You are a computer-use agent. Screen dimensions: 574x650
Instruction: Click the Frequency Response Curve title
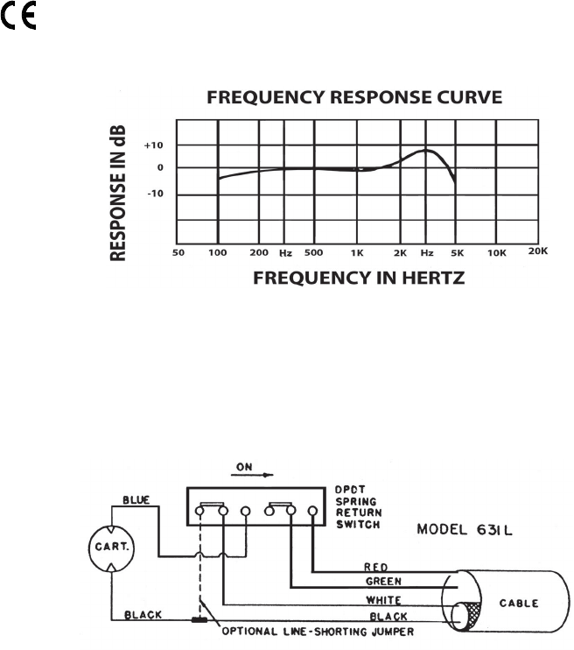(x=354, y=97)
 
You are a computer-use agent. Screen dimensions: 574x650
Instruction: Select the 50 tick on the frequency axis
(x=178, y=251)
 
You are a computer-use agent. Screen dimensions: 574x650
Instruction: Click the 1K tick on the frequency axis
(x=356, y=251)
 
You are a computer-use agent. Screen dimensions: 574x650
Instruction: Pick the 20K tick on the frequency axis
(x=537, y=251)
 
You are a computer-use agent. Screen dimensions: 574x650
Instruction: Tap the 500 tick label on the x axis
(x=313, y=251)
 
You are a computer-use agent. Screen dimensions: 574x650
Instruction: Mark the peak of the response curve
(x=427, y=151)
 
